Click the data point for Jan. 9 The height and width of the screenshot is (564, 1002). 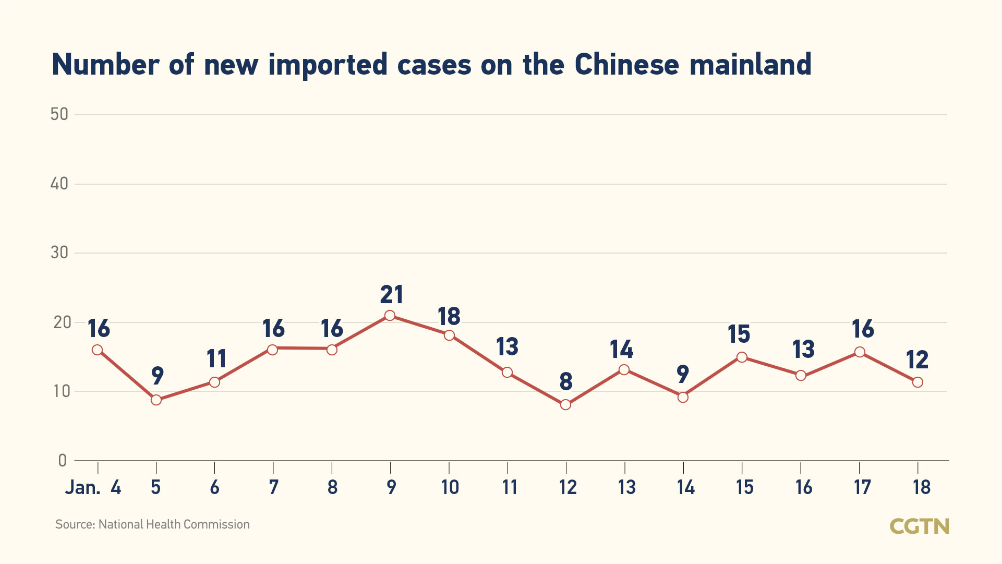tap(390, 315)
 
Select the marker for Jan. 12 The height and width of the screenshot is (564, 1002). tap(565, 404)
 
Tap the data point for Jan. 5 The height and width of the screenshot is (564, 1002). tap(156, 400)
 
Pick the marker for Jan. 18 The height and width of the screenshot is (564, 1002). tap(918, 382)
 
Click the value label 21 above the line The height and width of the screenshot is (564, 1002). tap(391, 295)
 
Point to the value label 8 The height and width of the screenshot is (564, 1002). tap(566, 381)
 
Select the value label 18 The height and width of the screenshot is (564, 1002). tap(449, 317)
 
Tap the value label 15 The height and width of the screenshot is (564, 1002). tap(739, 334)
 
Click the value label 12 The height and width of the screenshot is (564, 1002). tap(917, 360)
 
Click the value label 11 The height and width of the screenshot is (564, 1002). tap(216, 359)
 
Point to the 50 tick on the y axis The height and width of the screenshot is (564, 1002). tap(59, 114)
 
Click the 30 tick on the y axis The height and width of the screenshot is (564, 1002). tap(59, 253)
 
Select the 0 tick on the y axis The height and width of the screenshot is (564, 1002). tap(63, 460)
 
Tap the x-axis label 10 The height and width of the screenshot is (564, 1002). tap(450, 487)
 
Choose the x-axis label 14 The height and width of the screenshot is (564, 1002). tap(685, 487)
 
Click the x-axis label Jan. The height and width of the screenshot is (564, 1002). tap(82, 487)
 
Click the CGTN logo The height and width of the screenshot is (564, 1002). tap(919, 526)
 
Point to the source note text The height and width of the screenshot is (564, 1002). tap(152, 524)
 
